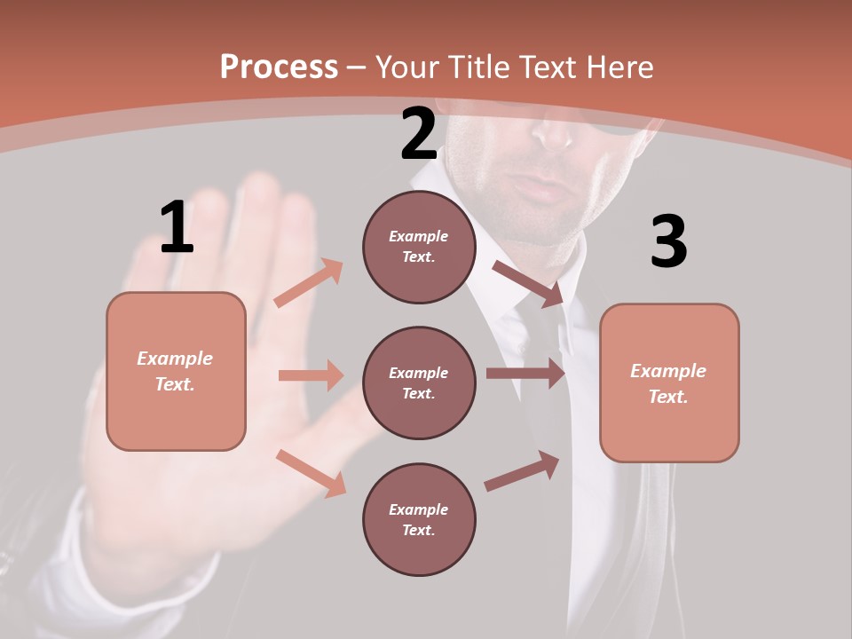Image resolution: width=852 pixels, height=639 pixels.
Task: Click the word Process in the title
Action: [279, 67]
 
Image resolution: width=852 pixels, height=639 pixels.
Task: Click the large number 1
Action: [177, 227]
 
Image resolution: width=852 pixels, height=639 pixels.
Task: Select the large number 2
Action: [419, 134]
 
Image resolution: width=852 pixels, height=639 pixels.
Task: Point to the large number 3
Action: [668, 241]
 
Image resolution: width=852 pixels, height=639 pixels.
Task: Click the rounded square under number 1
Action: [176, 371]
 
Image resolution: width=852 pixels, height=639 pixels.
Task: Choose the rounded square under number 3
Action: [669, 383]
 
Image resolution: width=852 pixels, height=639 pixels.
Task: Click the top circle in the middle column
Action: [419, 247]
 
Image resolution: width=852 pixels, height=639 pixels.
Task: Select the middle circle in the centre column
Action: [419, 383]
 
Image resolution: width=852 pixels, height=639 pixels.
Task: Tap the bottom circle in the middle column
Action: [419, 519]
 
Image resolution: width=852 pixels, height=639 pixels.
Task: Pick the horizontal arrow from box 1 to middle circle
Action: [311, 375]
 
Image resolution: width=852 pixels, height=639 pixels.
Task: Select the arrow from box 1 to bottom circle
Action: [312, 473]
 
